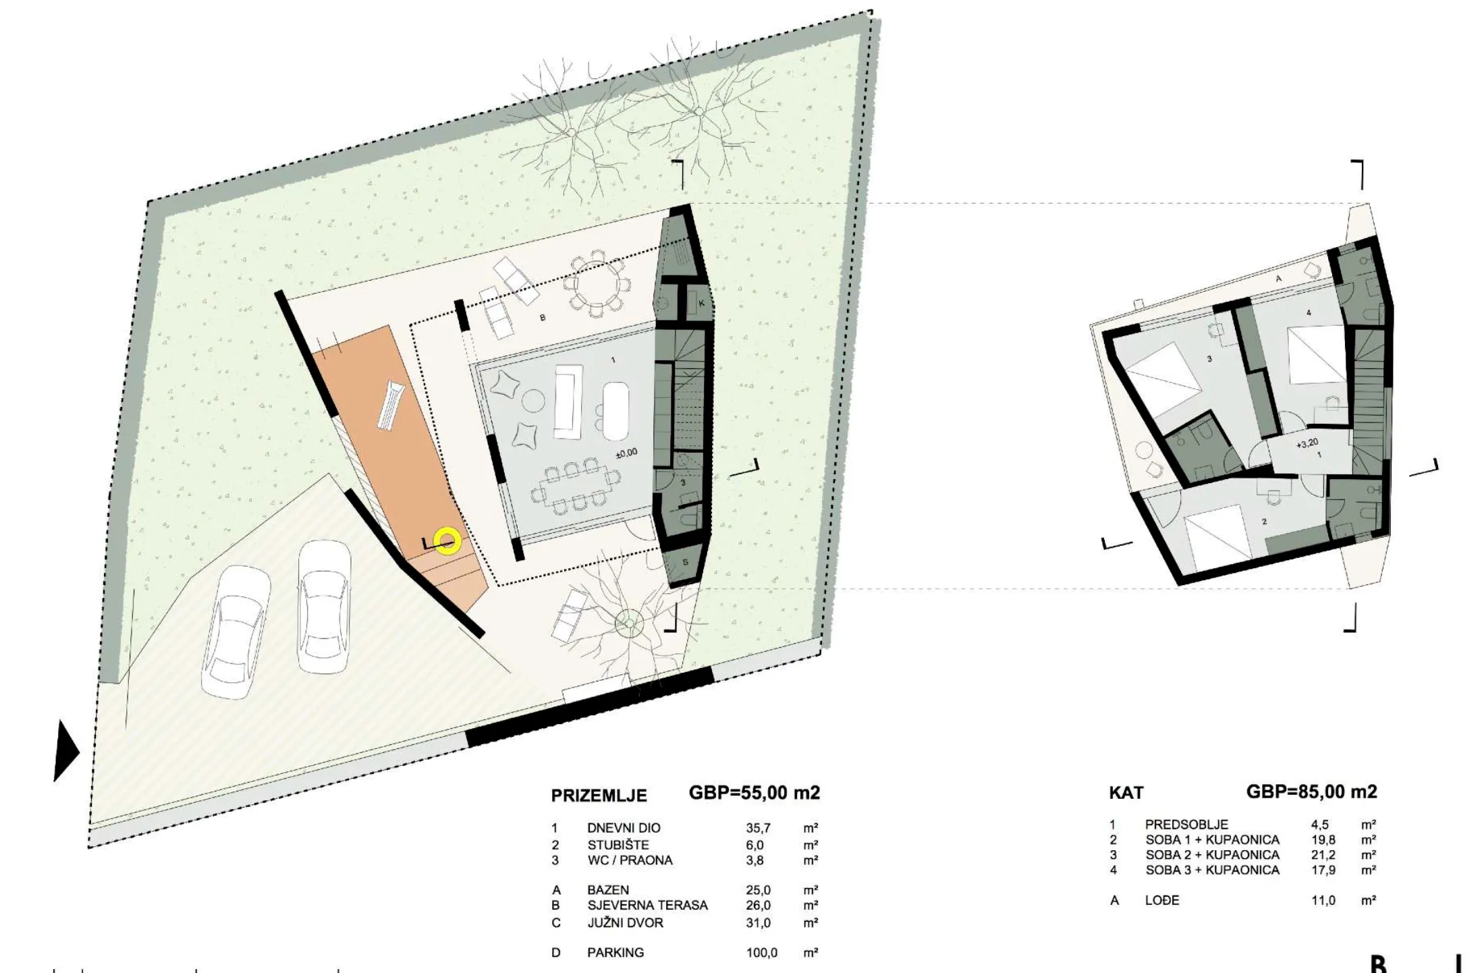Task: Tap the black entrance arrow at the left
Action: coord(66,750)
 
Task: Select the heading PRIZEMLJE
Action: coord(599,796)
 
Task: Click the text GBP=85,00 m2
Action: coord(1311,791)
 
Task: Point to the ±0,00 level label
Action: coord(626,453)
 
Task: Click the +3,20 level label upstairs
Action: coord(1307,443)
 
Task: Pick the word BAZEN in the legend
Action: coord(608,891)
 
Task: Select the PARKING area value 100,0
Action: coord(761,953)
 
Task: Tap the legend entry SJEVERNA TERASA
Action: coord(647,906)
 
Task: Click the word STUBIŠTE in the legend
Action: coord(617,845)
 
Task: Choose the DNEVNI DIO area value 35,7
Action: coord(758,828)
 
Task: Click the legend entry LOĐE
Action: coord(1162,900)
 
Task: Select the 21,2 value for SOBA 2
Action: coord(1323,855)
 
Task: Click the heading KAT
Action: coord(1126,793)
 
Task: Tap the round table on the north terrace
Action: coord(596,283)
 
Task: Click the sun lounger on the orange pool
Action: coord(391,405)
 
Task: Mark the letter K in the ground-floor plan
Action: coord(702,304)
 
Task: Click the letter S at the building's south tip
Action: coord(685,562)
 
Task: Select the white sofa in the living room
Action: coord(568,401)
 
